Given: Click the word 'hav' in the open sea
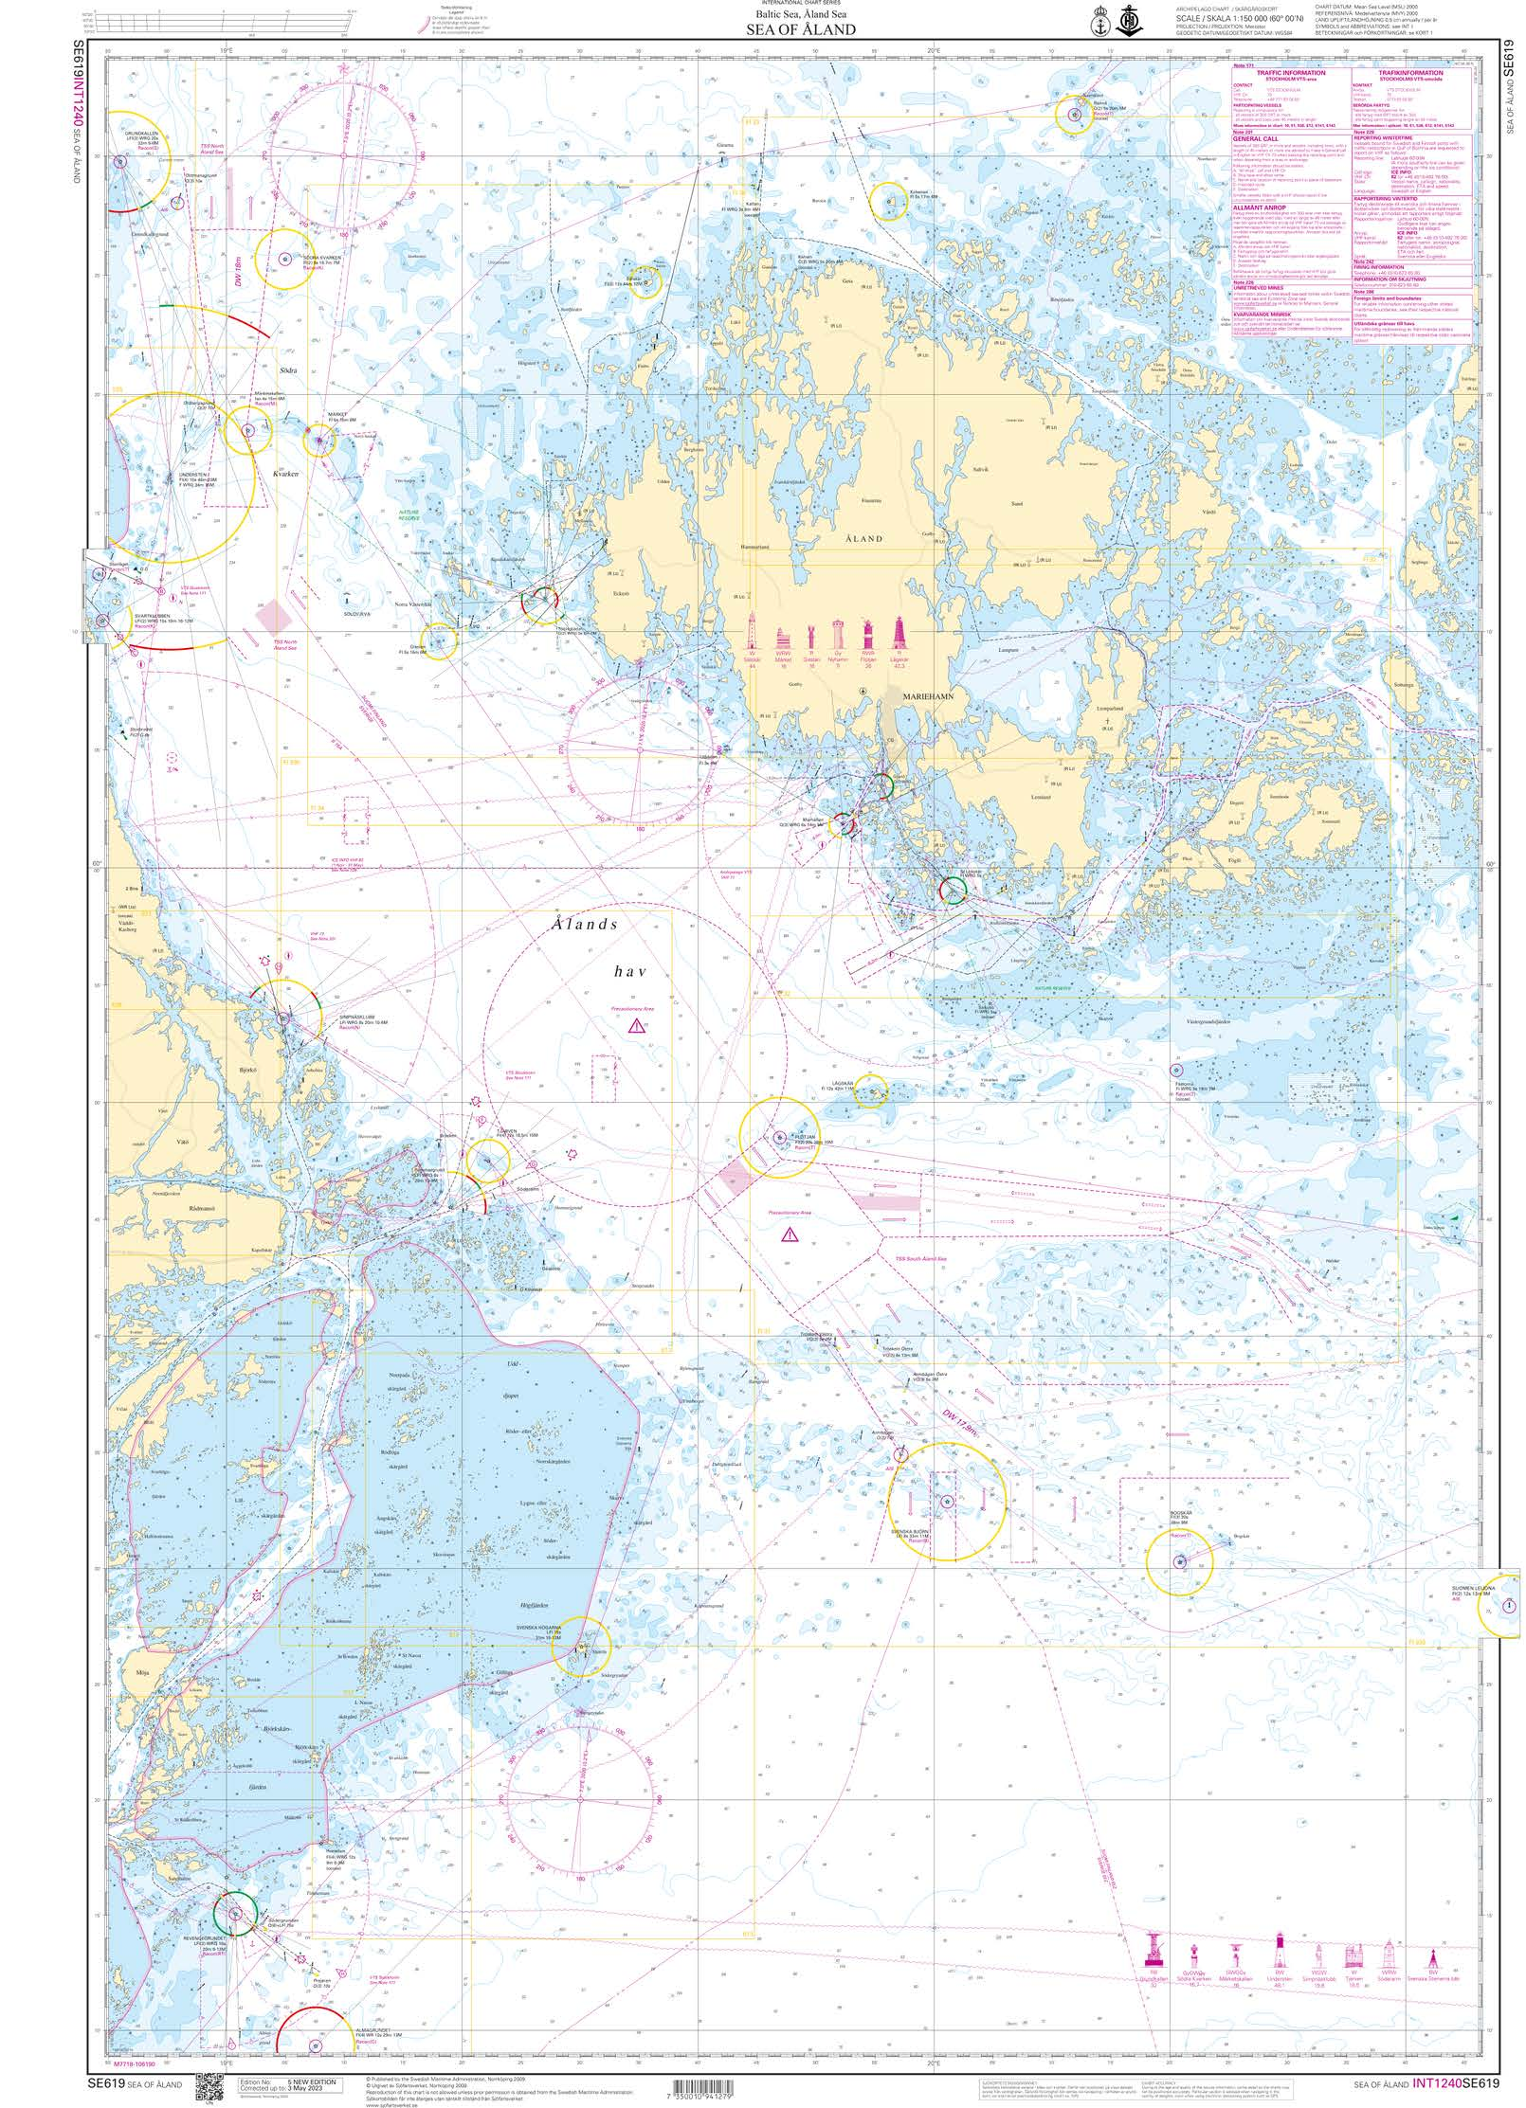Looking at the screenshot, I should (x=629, y=970).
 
